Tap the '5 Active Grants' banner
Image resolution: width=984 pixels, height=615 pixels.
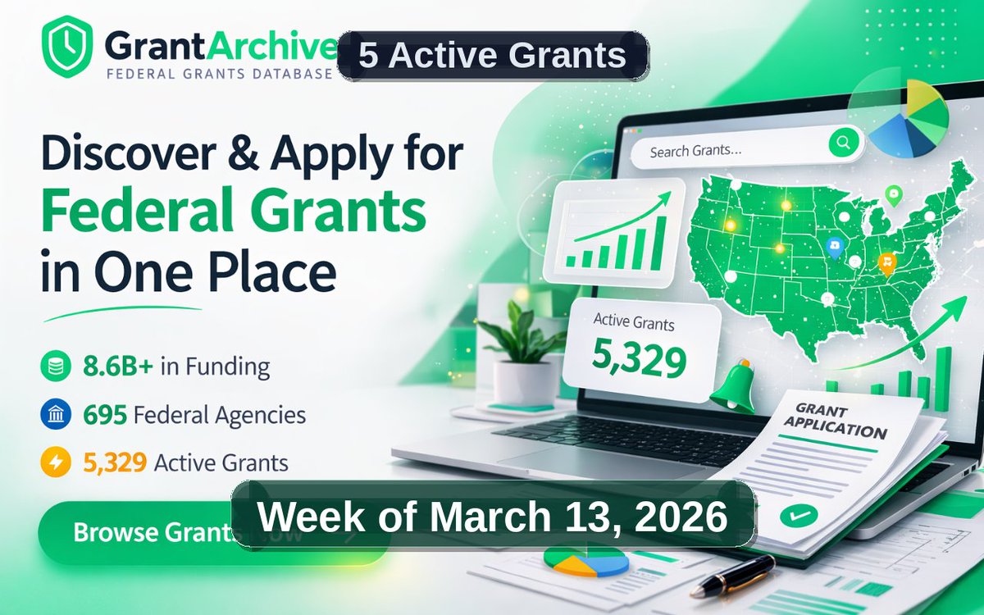click(492, 56)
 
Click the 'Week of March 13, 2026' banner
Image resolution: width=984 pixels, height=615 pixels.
click(493, 517)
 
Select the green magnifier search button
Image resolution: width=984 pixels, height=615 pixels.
click(841, 143)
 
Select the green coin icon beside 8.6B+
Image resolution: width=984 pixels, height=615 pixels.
click(52, 367)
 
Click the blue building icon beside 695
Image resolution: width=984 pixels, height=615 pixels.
click(52, 415)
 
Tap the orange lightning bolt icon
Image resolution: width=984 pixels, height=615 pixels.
click(52, 462)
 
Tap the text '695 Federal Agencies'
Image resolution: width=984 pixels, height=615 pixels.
click(195, 415)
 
